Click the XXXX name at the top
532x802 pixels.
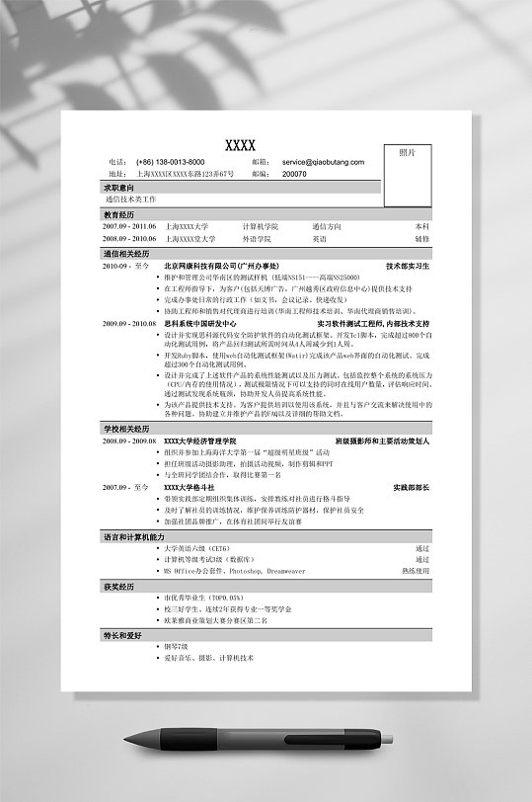point(240,146)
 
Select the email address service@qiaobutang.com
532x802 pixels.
point(323,162)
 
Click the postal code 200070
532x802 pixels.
point(294,174)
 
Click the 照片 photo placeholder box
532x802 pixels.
point(407,167)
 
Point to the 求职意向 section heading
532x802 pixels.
point(119,187)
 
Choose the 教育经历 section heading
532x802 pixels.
point(119,214)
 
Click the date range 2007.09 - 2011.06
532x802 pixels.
point(129,226)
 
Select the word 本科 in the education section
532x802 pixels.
point(421,226)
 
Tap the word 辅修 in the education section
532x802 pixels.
point(421,238)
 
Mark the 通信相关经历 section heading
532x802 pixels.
point(125,254)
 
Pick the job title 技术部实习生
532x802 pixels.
point(408,266)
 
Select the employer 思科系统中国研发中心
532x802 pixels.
point(200,323)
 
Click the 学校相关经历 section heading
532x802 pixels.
point(125,429)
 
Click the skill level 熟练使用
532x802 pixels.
point(416,571)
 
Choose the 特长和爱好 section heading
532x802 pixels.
point(123,635)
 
